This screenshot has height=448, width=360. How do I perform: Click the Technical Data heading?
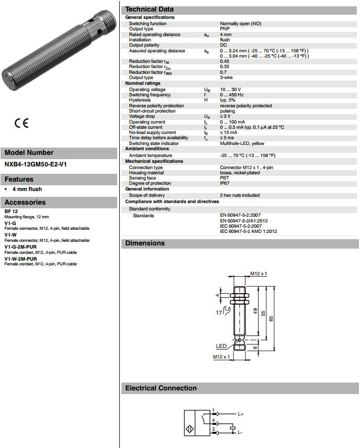coord(150,9)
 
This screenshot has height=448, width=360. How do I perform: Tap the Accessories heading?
coord(25,203)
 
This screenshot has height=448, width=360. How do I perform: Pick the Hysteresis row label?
coord(140,100)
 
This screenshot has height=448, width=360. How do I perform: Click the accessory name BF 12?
coord(12,211)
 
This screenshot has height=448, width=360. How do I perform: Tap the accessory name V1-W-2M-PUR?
coord(20,259)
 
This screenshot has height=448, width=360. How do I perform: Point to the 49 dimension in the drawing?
coord(254,312)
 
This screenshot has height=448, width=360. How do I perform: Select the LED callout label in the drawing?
coord(221,346)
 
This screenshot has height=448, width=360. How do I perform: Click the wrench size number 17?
coord(219,312)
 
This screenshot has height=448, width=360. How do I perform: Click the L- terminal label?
coord(240,432)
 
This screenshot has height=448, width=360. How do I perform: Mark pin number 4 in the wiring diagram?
coord(213,419)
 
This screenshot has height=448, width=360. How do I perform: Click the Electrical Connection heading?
coord(161,388)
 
